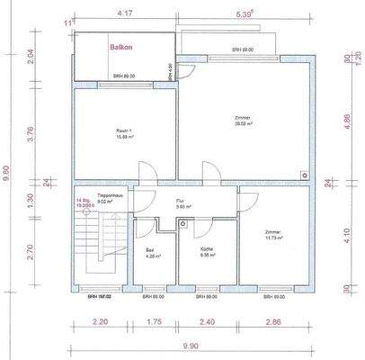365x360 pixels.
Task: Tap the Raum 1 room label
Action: point(125,133)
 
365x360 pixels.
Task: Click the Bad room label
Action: point(150,252)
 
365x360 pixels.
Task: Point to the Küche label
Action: point(207,252)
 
